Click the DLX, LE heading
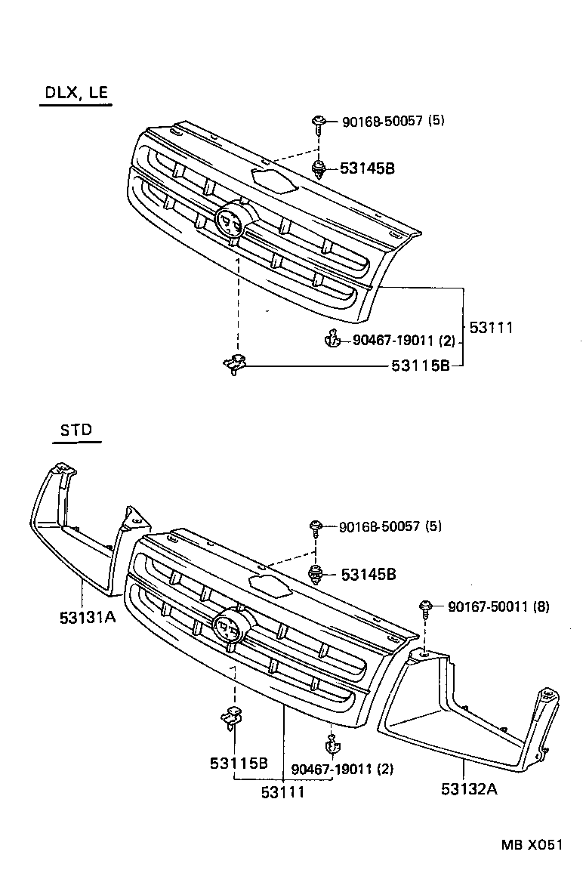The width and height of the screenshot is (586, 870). [x=76, y=93]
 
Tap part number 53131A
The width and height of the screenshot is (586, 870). [x=88, y=617]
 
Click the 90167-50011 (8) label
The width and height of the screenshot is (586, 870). [x=498, y=606]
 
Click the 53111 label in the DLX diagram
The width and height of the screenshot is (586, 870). [x=491, y=328]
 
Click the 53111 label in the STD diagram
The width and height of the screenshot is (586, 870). [x=283, y=791]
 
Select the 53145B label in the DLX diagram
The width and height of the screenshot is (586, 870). [x=367, y=168]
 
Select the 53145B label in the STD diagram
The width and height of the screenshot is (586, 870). [x=369, y=575]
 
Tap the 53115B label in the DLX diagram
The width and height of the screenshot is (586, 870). [x=421, y=366]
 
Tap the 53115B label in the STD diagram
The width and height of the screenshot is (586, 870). [x=239, y=763]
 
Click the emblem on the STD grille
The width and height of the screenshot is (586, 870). [x=228, y=626]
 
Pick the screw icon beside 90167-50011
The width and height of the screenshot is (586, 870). [x=427, y=606]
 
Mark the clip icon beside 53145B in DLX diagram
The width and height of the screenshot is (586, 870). [x=320, y=168]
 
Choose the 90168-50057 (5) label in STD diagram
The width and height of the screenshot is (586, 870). [x=390, y=526]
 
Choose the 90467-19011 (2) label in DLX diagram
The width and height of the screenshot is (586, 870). [x=404, y=341]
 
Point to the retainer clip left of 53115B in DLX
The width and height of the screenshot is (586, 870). [x=236, y=365]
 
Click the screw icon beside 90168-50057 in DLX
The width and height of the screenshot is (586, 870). [x=320, y=122]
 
